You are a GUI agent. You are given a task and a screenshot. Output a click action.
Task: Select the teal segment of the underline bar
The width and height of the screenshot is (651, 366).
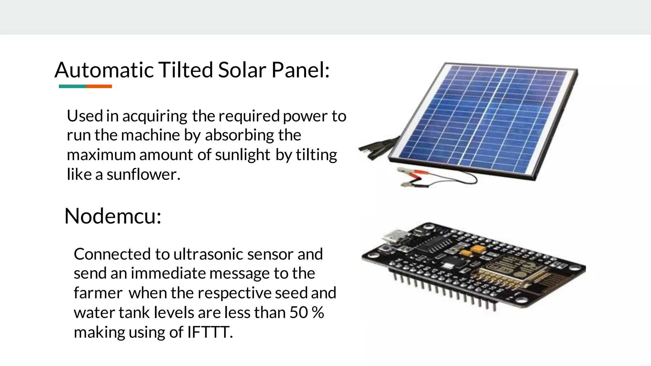(72, 86)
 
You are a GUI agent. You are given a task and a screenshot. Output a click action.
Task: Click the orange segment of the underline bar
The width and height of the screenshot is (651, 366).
(99, 86)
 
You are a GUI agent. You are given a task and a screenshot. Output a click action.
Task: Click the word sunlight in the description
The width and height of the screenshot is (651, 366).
(243, 155)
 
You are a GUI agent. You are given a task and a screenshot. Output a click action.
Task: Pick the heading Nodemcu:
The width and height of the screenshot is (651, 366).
(113, 216)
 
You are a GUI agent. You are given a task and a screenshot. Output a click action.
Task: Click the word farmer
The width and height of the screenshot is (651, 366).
(98, 293)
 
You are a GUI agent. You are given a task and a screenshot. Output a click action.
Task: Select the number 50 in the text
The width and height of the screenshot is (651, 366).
(298, 313)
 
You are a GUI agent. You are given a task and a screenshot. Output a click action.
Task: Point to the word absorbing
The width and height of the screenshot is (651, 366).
(239, 135)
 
